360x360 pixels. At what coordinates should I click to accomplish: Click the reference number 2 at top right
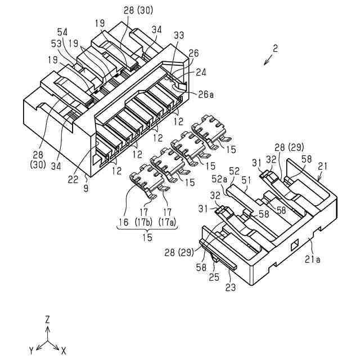coord(275,49)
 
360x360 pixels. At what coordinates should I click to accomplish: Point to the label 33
coord(179,35)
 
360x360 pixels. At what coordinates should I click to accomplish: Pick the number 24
coord(201,72)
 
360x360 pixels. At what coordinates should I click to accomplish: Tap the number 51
coord(246,179)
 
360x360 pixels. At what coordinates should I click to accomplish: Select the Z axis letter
coord(48,319)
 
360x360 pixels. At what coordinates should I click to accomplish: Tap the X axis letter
coord(64,350)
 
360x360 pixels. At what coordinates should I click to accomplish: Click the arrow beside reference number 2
coord(267,60)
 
